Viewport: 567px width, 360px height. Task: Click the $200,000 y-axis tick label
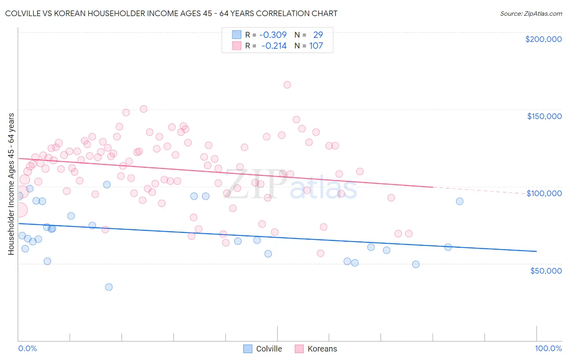click(x=543, y=39)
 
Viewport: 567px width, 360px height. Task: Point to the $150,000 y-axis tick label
click(x=544, y=116)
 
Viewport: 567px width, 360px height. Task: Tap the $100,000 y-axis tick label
click(x=544, y=193)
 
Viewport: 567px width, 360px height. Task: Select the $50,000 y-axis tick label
click(x=546, y=270)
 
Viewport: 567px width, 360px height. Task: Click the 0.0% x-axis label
click(x=27, y=348)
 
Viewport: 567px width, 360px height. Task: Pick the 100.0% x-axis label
click(x=548, y=348)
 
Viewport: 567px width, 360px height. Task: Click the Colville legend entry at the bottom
click(x=269, y=349)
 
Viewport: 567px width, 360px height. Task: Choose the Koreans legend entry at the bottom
click(x=322, y=349)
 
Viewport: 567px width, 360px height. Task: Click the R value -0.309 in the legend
click(x=273, y=35)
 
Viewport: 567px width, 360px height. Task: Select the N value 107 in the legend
click(x=316, y=46)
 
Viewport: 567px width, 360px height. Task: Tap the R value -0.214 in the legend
click(x=274, y=46)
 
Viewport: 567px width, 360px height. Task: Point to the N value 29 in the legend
click(x=318, y=35)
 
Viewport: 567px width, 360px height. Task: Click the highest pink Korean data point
click(x=287, y=85)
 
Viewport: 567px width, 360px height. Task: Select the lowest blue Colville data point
click(x=109, y=287)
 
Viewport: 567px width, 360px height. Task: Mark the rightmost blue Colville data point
click(x=459, y=201)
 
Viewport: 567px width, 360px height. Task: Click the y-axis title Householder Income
click(x=11, y=184)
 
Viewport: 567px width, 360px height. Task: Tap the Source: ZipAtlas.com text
click(x=531, y=14)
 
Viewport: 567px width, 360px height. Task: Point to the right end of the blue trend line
click(x=536, y=251)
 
